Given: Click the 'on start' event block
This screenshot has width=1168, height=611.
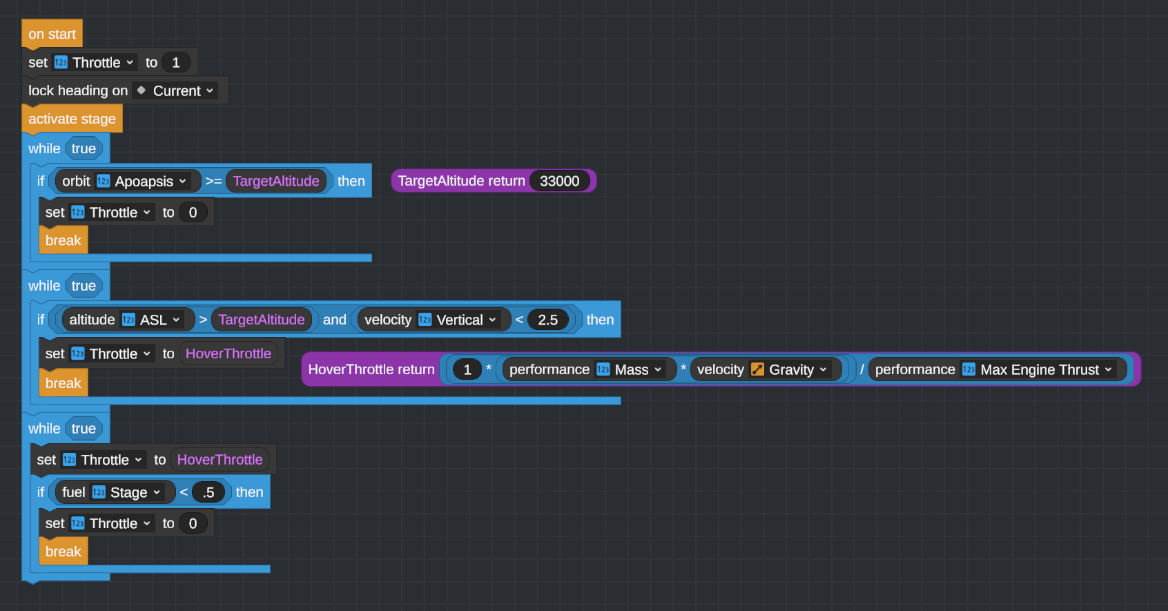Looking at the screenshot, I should [52, 34].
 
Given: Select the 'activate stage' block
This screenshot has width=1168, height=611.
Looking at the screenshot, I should [72, 119].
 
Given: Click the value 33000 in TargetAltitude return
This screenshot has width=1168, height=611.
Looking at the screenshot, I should [559, 181].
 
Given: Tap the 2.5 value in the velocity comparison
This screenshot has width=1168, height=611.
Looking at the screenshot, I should [547, 320].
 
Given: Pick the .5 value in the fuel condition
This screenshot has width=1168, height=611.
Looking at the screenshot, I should [208, 492].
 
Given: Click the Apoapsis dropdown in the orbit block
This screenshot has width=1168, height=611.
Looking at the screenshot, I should [150, 181].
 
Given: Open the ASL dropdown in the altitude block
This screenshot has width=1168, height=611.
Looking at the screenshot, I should [159, 320].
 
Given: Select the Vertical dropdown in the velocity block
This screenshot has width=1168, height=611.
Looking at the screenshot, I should [466, 320].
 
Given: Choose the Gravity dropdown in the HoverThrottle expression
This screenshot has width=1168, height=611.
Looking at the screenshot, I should [798, 369].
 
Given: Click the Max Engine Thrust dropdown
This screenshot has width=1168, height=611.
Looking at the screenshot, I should [1046, 369].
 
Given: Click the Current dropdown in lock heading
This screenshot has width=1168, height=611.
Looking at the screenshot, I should [183, 90].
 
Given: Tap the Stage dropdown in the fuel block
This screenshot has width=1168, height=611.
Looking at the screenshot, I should [135, 492].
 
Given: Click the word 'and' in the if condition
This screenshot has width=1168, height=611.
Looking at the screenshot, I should [335, 320].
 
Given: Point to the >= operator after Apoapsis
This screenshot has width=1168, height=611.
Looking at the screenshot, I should [213, 181].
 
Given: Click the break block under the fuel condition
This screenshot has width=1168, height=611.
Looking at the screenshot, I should [63, 552].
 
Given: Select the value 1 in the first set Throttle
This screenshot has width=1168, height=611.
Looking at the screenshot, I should [176, 62].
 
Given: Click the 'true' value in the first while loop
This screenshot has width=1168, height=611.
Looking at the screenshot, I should [84, 148].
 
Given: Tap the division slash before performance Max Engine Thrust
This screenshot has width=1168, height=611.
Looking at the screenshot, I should [862, 369].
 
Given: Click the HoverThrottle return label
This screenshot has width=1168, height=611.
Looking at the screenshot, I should [371, 369].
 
